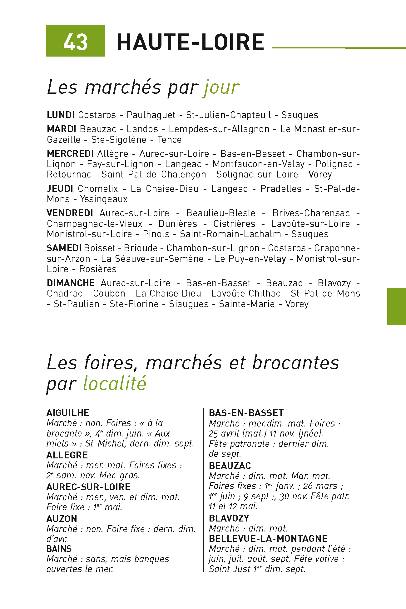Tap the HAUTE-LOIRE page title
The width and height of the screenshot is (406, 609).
[x=190, y=42]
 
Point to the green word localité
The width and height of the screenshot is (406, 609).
[x=115, y=383]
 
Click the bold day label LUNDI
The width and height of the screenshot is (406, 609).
[x=61, y=115]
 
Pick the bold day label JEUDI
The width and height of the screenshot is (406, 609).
[x=60, y=189]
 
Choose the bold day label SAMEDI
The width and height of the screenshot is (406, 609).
[x=64, y=248]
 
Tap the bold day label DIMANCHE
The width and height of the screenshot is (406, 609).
[x=71, y=283]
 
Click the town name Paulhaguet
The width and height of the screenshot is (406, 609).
[x=151, y=115]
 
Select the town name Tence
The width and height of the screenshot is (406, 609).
[x=170, y=140]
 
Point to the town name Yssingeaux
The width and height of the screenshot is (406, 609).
[x=104, y=199]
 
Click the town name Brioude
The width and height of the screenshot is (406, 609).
[x=141, y=248]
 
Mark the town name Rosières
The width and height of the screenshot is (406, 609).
[x=98, y=269]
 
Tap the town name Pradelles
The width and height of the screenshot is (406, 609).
[x=281, y=189]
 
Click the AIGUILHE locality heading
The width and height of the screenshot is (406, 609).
[x=68, y=413]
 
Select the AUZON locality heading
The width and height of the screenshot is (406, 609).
[x=62, y=519]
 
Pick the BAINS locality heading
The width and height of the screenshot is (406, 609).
[x=59, y=549]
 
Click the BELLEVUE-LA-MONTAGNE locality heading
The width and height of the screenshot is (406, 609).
[x=268, y=539]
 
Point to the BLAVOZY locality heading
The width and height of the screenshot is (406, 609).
[x=229, y=518]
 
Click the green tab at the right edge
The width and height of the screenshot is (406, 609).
[x=396, y=306]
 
